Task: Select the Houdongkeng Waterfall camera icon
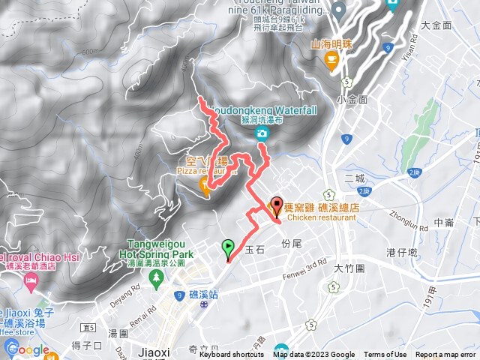tap(262, 134)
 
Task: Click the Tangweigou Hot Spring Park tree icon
tap(157, 280)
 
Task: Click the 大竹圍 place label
tap(349, 268)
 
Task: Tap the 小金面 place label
tap(352, 99)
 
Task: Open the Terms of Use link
tap(385, 355)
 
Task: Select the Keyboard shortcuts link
tap(232, 355)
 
